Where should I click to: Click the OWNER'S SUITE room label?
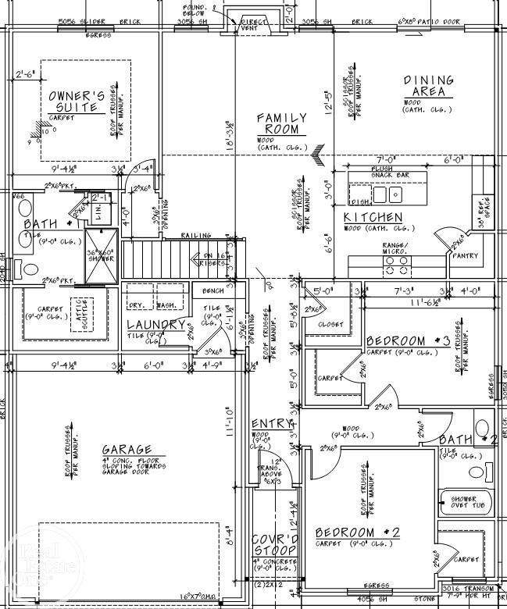[77, 101]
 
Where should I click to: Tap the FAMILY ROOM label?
[282, 123]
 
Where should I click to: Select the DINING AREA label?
[428, 86]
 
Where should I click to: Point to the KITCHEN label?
[373, 217]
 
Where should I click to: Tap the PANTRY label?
[466, 255]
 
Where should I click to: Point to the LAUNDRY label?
[156, 325]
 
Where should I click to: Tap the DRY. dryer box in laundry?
[137, 306]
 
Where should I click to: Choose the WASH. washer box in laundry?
[167, 306]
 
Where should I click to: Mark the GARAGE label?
[126, 450]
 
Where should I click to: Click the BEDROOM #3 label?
[408, 341]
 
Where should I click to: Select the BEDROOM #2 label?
[357, 532]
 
